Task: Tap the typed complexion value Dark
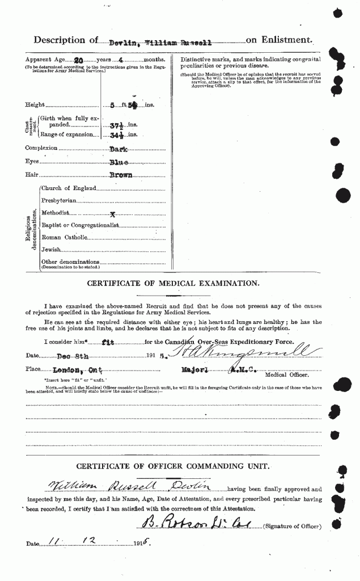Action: point(120,148)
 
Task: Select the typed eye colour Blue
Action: point(120,162)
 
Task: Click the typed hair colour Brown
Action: point(121,175)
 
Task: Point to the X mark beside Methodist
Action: point(113,214)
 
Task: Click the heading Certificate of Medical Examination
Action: point(173,283)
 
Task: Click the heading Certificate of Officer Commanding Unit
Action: point(173,467)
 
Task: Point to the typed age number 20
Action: point(79,59)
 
